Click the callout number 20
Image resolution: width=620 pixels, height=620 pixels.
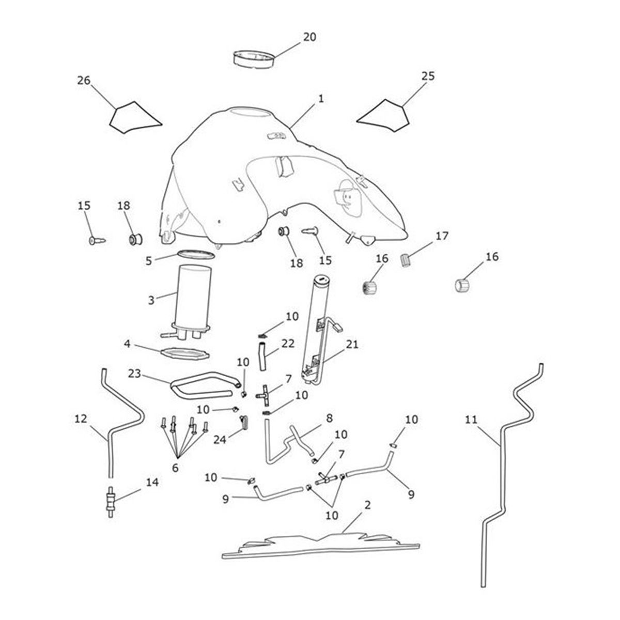[309, 37]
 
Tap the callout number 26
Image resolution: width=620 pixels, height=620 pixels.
[84, 81]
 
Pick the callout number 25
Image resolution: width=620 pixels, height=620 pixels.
[428, 76]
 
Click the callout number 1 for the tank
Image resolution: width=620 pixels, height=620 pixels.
[321, 98]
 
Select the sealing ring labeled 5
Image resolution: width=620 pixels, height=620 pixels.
[196, 255]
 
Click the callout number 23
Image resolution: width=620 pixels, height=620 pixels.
[135, 373]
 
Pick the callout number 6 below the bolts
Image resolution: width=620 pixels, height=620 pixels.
[175, 468]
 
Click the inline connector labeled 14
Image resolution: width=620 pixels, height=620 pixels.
[111, 501]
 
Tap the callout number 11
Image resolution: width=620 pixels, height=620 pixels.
[471, 420]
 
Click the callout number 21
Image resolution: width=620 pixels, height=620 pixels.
[352, 344]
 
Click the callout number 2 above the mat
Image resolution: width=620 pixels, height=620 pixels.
[367, 505]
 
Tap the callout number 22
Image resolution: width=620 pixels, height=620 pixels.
[288, 344]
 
